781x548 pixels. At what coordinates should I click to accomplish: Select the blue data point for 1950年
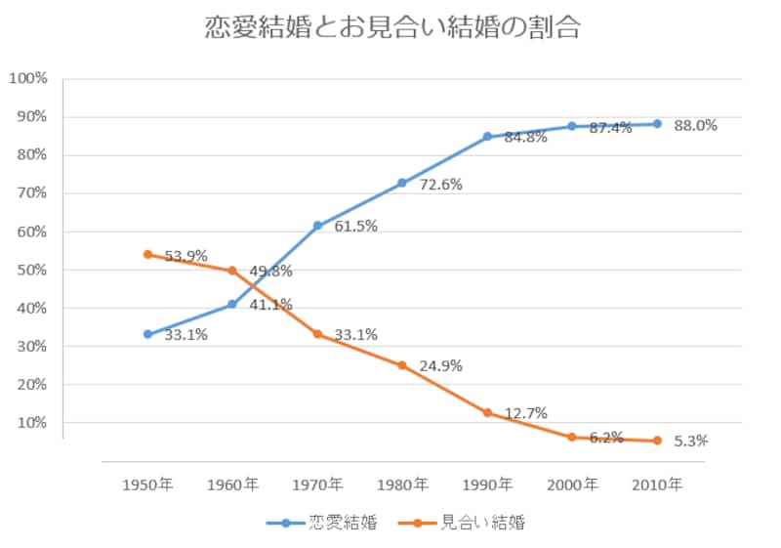[x=147, y=334]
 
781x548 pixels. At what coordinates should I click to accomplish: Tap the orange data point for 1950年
[x=147, y=254]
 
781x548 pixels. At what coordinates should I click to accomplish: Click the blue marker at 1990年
[x=487, y=137]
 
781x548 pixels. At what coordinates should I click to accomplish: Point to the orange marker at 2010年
[x=657, y=441]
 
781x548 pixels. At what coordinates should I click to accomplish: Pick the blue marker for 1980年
[x=402, y=183]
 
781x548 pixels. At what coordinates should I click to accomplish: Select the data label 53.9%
[x=185, y=257]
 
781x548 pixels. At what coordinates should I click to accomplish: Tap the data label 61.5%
[x=355, y=227]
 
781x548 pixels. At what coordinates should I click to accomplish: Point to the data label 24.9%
[x=440, y=367]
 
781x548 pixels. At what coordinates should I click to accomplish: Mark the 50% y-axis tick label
[x=31, y=270]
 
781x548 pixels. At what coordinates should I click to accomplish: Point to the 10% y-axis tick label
[x=31, y=423]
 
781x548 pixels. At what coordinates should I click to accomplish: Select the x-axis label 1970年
[x=317, y=485]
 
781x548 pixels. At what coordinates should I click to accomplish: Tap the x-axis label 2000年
[x=572, y=485]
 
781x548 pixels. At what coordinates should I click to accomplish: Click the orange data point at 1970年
[x=317, y=334]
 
